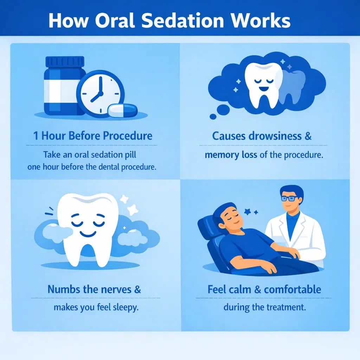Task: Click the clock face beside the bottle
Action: pyautogui.click(x=100, y=90)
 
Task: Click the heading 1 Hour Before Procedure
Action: pyautogui.click(x=93, y=136)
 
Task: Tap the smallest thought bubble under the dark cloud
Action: pyautogui.click(x=213, y=116)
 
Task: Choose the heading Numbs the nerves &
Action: pyautogui.click(x=94, y=290)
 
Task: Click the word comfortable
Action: pyautogui.click(x=292, y=290)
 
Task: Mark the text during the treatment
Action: pyautogui.click(x=265, y=307)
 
